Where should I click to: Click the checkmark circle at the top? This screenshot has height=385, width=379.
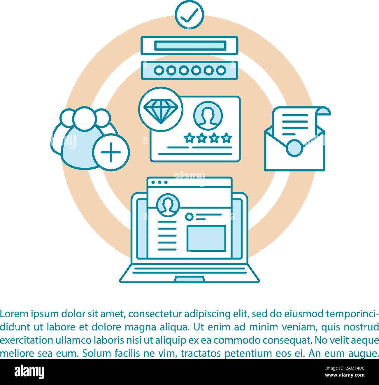click(x=189, y=15)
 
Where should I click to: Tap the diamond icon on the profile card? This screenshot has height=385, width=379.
click(x=160, y=109)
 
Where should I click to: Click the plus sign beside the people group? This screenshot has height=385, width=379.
click(x=111, y=152)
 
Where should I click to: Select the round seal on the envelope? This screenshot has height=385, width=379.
click(x=294, y=148)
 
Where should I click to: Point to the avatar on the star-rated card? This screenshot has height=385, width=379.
click(x=208, y=115)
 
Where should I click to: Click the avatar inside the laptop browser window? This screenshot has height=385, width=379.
click(x=168, y=205)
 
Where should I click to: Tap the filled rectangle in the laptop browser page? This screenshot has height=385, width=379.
click(x=206, y=238)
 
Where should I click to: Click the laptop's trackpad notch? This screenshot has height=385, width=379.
click(x=189, y=279)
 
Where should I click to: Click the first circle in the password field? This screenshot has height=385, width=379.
click(x=159, y=70)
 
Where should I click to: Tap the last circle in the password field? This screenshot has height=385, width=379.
click(x=221, y=70)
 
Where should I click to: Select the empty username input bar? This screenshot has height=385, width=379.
click(x=189, y=45)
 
